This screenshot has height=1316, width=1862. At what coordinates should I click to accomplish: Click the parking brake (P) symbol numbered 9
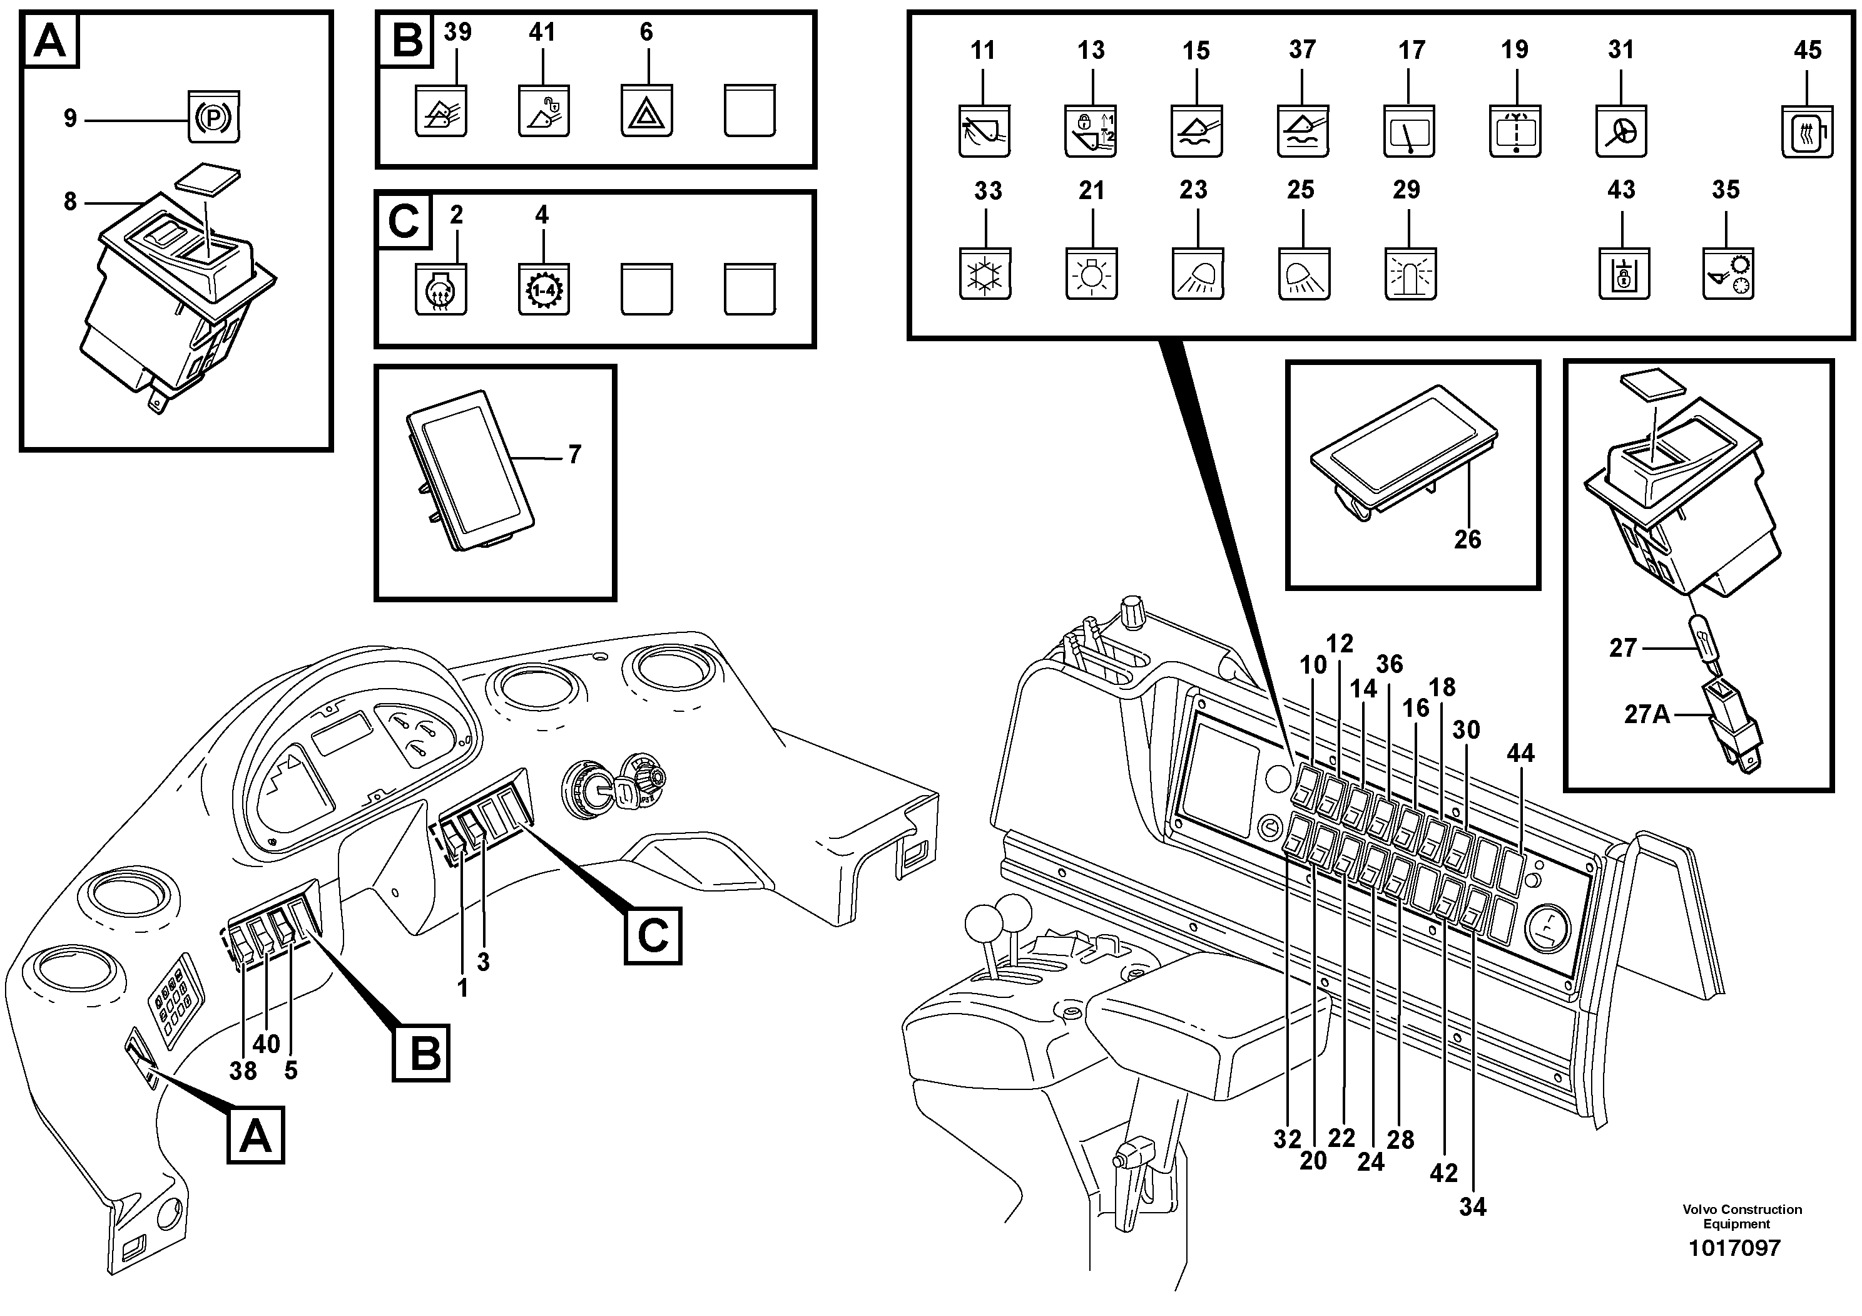click(x=213, y=117)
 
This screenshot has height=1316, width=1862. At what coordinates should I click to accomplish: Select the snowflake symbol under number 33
click(x=985, y=275)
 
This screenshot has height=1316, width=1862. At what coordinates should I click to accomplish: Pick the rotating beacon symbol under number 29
click(x=1410, y=275)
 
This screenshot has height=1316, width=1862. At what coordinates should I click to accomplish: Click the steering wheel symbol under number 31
click(x=1621, y=131)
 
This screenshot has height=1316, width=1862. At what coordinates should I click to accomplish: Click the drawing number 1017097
click(x=1734, y=1247)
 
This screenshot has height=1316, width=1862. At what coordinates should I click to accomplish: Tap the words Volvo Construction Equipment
click(x=1742, y=1216)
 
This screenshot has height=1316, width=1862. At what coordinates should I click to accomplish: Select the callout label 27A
click(x=1646, y=714)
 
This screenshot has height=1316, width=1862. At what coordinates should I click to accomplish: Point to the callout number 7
click(x=574, y=455)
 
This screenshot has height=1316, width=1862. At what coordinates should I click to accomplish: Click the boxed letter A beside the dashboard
click(x=255, y=1134)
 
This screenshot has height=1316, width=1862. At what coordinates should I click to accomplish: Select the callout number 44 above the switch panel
click(x=1520, y=753)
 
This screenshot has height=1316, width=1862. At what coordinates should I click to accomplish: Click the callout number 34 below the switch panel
click(x=1473, y=1206)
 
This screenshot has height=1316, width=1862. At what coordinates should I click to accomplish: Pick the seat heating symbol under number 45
click(x=1808, y=131)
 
